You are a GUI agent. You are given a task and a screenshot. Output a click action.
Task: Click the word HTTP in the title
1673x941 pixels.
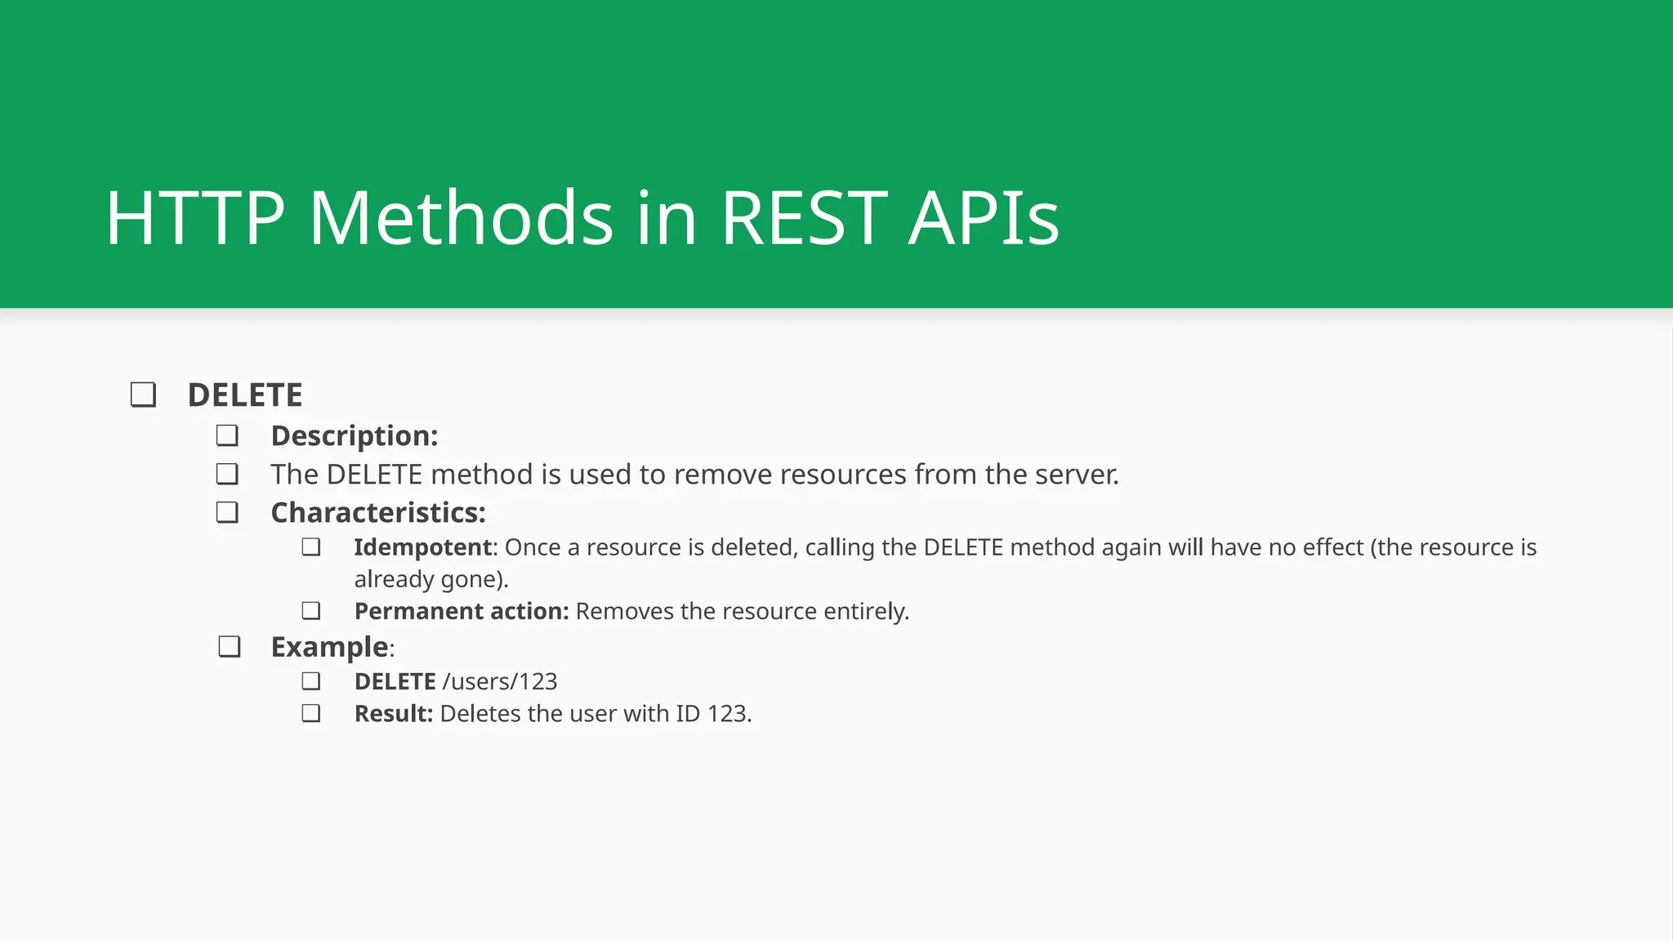[194, 218]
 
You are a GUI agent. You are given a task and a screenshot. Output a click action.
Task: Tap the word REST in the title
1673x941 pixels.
[804, 218]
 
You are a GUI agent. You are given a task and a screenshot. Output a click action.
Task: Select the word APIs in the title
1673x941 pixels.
[984, 218]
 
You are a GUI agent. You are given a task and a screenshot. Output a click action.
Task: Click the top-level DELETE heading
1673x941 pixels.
[245, 395]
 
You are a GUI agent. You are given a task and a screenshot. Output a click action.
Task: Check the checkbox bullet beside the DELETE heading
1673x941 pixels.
[143, 395]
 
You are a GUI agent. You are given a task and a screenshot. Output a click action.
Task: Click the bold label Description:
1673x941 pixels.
[355, 436]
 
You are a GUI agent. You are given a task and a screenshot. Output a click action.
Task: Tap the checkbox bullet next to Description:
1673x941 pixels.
[227, 435]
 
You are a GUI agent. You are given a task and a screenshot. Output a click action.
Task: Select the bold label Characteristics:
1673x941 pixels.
[378, 513]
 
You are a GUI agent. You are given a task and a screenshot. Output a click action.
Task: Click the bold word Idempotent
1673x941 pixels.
[423, 547]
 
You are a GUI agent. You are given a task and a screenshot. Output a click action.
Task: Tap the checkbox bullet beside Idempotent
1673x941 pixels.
[310, 547]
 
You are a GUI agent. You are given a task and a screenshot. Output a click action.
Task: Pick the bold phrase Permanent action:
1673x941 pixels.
[462, 612]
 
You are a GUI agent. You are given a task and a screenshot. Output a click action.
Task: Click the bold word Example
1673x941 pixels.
[329, 647]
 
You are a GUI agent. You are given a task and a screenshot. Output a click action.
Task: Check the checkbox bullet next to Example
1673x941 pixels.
[230, 647]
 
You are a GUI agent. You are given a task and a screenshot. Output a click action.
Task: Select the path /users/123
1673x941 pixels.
[500, 682]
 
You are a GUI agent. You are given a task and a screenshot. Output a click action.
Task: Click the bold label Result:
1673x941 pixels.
[393, 714]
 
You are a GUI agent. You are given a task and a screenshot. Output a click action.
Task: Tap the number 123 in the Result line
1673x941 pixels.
[728, 714]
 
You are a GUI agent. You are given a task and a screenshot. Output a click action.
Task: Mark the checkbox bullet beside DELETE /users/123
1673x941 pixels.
[310, 681]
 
